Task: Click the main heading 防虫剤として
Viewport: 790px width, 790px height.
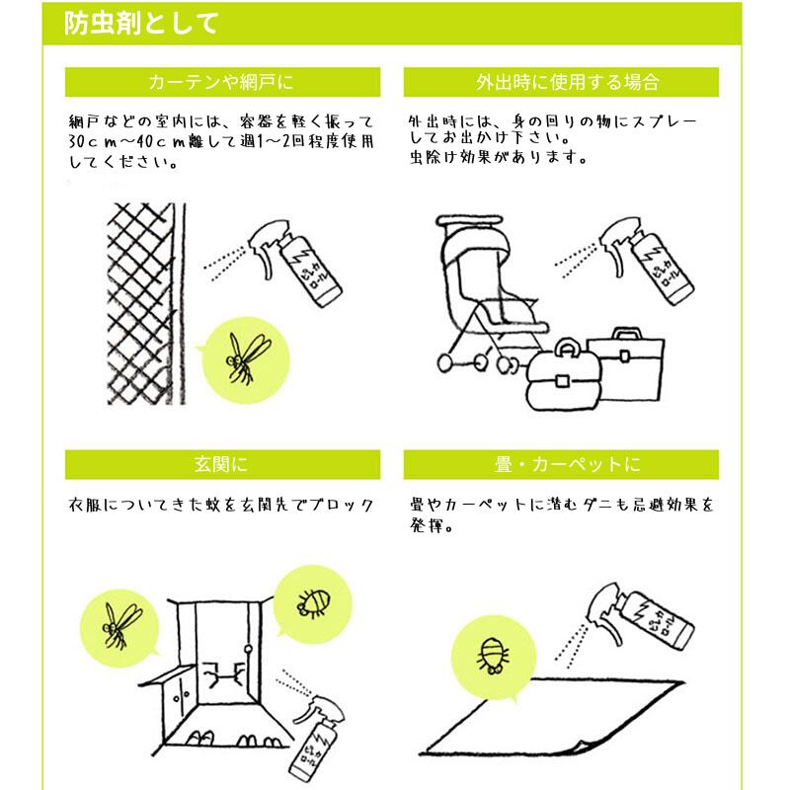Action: (141, 23)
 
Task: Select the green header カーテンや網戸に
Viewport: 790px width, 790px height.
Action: (222, 82)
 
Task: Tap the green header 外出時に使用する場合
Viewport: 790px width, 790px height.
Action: (561, 82)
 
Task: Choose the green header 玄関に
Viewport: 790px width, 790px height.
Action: (222, 464)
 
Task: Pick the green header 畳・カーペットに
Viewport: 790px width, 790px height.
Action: (561, 464)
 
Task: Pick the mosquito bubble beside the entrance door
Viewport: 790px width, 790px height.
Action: (119, 627)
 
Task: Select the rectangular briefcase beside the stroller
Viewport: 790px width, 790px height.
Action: (626, 364)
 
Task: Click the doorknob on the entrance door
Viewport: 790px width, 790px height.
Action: (248, 649)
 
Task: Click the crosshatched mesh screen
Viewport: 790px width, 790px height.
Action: (146, 303)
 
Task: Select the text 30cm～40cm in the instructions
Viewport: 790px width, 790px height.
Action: (127, 141)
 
